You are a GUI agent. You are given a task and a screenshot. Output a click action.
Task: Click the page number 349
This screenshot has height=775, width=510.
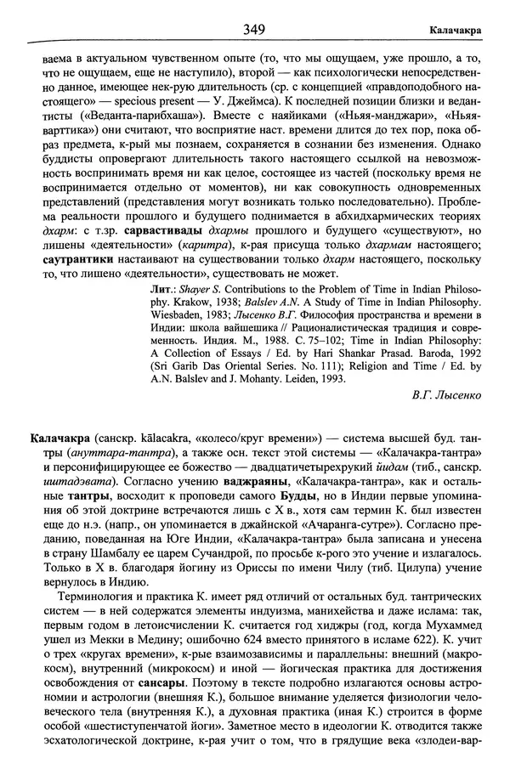[x=255, y=30]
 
